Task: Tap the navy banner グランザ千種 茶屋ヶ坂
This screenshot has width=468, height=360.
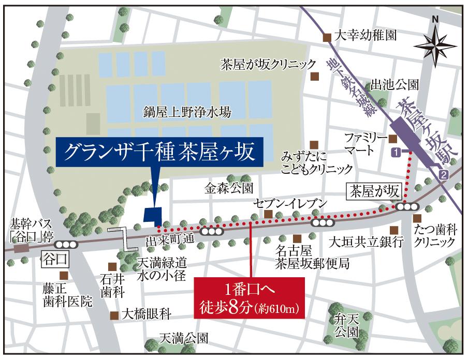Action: coord(159,152)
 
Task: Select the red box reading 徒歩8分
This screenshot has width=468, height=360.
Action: coord(250,298)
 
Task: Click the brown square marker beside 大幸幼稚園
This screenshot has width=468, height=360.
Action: coord(327,37)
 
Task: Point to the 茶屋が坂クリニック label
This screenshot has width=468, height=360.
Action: coord(268,64)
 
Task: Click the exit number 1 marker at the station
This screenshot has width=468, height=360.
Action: coord(396,152)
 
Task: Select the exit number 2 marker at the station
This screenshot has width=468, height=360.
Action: coord(443,175)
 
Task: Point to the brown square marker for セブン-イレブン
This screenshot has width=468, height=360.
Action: coord(268,214)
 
